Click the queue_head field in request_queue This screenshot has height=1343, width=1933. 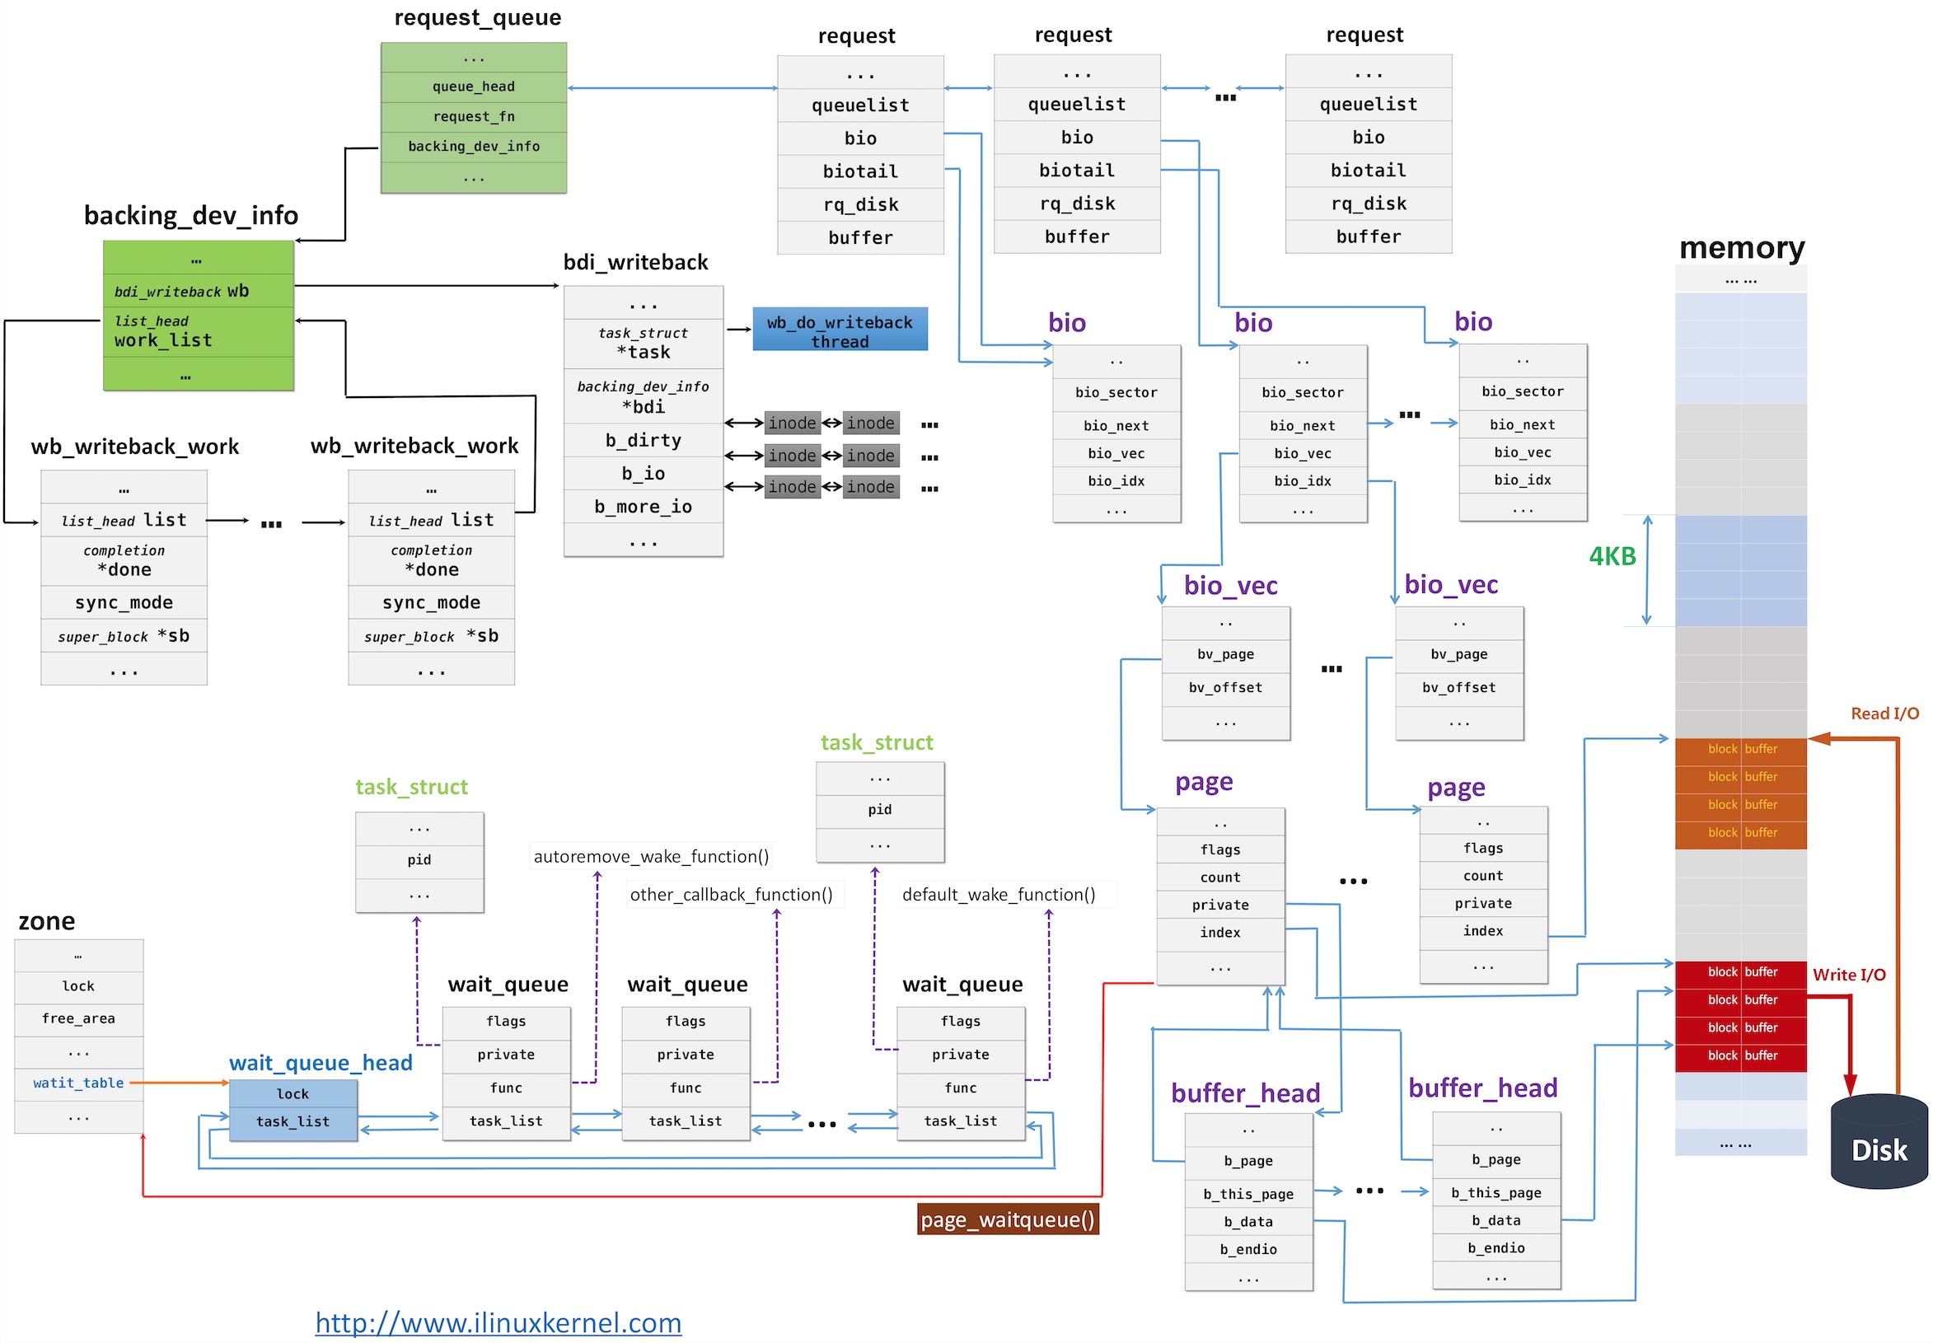tap(473, 87)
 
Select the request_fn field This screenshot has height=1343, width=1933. tap(473, 117)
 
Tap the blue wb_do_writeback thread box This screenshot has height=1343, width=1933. tap(839, 330)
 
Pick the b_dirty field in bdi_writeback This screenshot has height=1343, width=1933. tap(643, 440)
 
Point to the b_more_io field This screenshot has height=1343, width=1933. tap(643, 507)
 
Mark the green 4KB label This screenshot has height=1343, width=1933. tap(1611, 557)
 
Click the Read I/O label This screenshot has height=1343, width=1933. tap(1884, 714)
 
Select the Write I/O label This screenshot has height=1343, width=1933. tap(1848, 975)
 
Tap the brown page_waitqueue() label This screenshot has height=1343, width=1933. tap(1007, 1220)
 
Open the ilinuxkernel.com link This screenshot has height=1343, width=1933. tap(498, 1322)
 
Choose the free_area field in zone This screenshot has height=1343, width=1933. tap(78, 1019)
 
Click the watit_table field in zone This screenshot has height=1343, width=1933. tap(78, 1083)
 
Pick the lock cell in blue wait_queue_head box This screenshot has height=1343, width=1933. tap(293, 1094)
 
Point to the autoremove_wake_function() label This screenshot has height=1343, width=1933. tap(650, 857)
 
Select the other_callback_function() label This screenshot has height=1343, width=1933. tap(731, 895)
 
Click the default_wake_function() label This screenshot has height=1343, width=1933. tap(998, 895)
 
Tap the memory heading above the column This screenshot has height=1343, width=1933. tap(1740, 247)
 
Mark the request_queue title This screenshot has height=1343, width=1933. tap(477, 17)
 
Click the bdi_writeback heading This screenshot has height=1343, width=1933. tap(635, 263)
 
